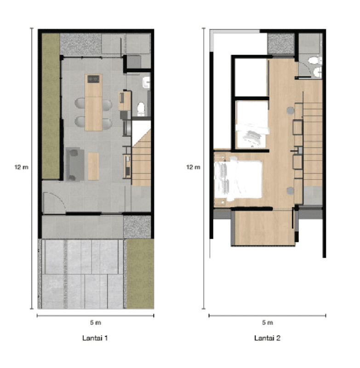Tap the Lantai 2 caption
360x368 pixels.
(x=267, y=338)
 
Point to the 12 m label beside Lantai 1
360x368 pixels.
(x=21, y=167)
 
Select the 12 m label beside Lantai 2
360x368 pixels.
(x=193, y=167)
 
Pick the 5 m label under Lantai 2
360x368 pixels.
(x=268, y=322)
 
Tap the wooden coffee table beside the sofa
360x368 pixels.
(x=93, y=166)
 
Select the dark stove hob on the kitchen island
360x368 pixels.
(x=94, y=79)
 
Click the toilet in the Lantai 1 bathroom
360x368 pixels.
(x=141, y=109)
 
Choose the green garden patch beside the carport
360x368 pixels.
(x=140, y=274)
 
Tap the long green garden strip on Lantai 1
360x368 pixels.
(x=51, y=106)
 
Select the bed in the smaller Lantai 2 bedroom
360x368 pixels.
(x=252, y=125)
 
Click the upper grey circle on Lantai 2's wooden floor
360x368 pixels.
(x=291, y=110)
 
